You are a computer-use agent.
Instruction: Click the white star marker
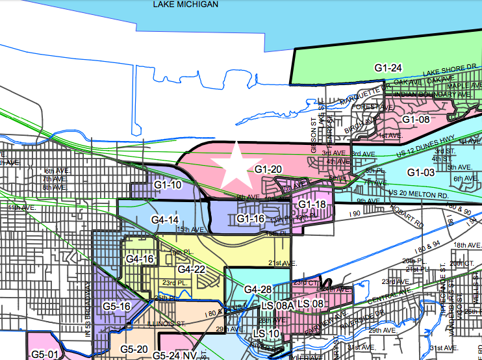point(238,164)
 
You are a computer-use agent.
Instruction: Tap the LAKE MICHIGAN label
point(186,4)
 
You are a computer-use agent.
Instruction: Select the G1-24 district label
point(388,68)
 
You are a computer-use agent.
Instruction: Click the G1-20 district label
point(268,170)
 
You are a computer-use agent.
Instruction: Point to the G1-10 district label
point(168,185)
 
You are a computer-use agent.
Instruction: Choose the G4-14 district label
point(164,220)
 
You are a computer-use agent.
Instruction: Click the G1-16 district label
point(251,219)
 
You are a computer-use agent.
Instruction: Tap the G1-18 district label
point(312,205)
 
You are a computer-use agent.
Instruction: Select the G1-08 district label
point(416,119)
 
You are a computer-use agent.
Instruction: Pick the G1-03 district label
point(421,172)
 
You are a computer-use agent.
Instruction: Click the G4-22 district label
point(192,269)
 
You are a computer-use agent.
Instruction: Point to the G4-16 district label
point(140,259)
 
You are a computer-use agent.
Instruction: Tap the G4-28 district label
point(258,289)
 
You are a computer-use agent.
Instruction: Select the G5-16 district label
point(118,306)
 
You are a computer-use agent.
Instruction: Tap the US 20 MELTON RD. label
point(418,194)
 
